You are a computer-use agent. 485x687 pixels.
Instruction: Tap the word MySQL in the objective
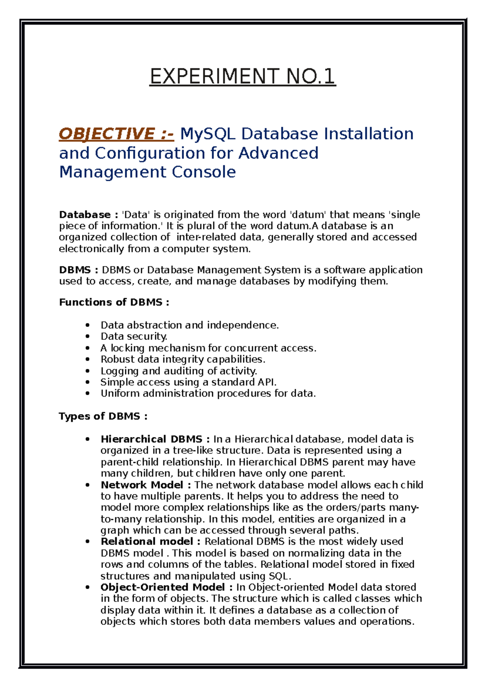(207, 134)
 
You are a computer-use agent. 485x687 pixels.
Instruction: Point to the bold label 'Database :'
(89, 214)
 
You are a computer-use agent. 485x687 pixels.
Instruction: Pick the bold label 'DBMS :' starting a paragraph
(79, 270)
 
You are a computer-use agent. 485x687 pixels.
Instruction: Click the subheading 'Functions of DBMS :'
(114, 302)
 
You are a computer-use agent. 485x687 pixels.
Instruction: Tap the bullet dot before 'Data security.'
(87, 337)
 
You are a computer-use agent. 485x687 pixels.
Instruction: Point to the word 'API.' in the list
(267, 382)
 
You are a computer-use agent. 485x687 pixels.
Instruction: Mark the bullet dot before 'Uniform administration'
(87, 393)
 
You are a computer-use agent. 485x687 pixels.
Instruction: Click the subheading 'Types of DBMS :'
(103, 416)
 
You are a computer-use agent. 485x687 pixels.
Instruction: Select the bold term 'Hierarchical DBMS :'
(155, 439)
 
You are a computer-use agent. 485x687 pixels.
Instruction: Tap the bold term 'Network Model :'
(146, 485)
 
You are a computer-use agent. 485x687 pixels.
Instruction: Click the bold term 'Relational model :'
(150, 542)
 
